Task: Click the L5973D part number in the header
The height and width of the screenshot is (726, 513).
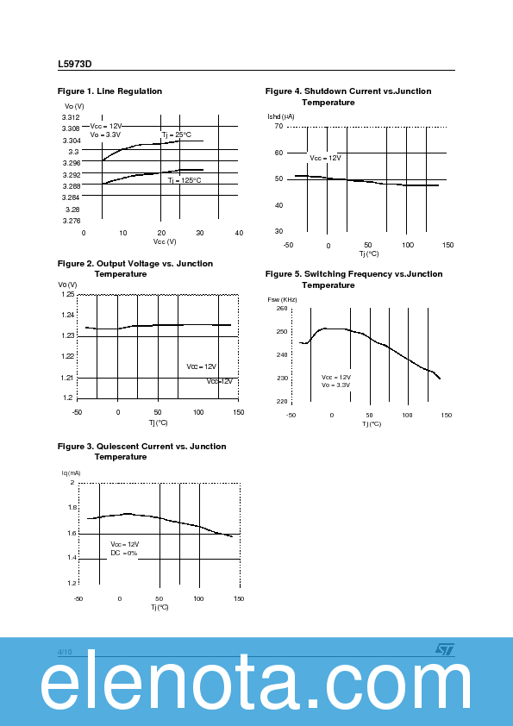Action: click(x=75, y=63)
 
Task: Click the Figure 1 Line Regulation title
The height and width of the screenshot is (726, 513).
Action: click(x=109, y=91)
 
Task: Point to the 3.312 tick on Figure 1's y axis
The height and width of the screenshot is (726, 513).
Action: click(x=71, y=117)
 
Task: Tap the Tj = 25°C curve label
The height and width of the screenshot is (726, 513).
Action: click(x=177, y=135)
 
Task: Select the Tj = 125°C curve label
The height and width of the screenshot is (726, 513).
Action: click(x=184, y=180)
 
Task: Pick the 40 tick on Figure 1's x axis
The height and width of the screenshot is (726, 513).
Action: click(x=239, y=233)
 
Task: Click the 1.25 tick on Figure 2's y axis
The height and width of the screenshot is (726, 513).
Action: click(x=67, y=295)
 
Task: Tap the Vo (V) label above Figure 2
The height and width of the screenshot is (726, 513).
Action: click(x=67, y=285)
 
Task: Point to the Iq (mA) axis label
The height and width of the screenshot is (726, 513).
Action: click(x=71, y=473)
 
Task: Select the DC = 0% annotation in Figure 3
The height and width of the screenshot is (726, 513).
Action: click(x=123, y=553)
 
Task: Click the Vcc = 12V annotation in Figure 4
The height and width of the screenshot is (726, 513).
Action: click(x=325, y=158)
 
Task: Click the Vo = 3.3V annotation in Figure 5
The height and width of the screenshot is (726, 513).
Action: click(x=336, y=385)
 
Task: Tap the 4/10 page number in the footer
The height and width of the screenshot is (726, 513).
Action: click(x=65, y=652)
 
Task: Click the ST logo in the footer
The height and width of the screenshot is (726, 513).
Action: click(x=443, y=650)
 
